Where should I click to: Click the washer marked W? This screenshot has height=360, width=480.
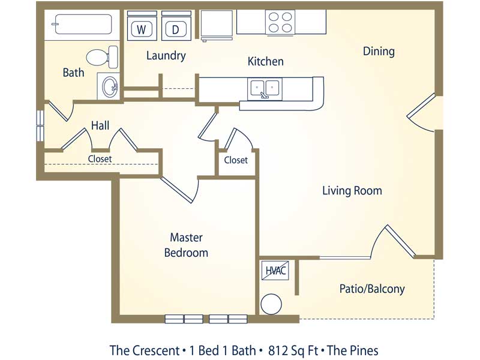(x=142, y=26)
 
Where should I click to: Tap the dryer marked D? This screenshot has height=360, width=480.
(x=176, y=26)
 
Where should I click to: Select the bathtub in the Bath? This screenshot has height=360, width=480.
(x=82, y=24)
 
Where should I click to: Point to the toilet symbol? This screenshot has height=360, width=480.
(x=102, y=57)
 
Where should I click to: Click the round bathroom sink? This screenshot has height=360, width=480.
(x=109, y=86)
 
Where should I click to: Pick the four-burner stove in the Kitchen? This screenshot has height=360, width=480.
(x=280, y=22)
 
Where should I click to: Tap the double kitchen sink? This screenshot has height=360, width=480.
(x=265, y=89)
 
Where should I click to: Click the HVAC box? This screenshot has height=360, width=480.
(x=275, y=271)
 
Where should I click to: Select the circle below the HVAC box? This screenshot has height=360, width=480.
(x=271, y=304)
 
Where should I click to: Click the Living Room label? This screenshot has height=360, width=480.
(x=352, y=191)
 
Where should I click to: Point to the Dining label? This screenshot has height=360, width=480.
(x=379, y=51)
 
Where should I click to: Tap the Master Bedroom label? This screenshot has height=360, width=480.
(x=186, y=245)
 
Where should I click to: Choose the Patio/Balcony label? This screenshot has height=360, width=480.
(x=372, y=289)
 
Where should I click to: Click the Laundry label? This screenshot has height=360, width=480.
(x=166, y=56)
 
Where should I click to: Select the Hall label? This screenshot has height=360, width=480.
(x=100, y=125)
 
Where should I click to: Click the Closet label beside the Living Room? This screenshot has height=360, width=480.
(x=236, y=160)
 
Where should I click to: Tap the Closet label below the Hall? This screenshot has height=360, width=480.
(x=100, y=158)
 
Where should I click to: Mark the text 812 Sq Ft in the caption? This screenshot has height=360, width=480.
(x=293, y=350)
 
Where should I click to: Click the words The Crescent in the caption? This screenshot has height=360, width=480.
(x=145, y=350)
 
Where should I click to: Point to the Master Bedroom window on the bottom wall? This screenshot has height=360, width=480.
(x=206, y=319)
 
